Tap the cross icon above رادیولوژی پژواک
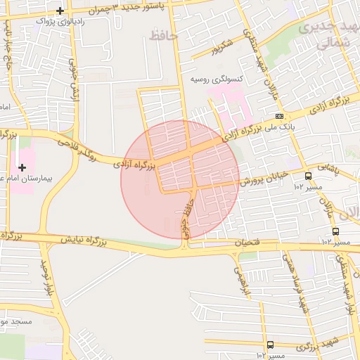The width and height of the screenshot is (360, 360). click(61, 11)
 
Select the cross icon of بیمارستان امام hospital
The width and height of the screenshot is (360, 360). click(22, 167)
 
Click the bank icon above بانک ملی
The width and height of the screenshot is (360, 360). click(280, 116)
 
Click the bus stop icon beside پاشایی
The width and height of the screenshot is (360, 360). click(308, 176)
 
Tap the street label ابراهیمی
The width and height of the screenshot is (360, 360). click(242, 278)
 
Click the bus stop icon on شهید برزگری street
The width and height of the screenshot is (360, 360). click(271, 344)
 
